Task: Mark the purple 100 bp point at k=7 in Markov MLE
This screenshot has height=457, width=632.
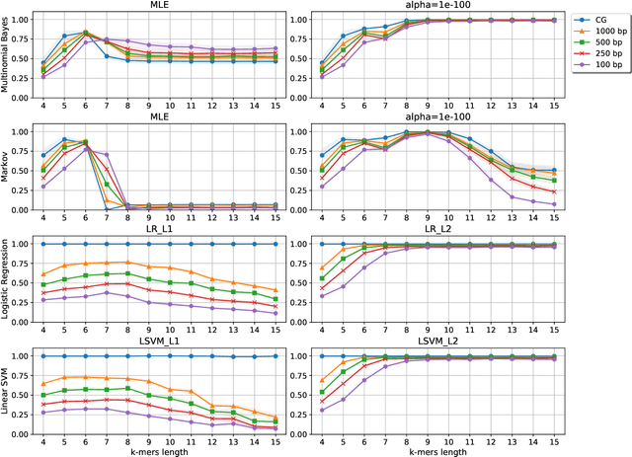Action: point(106,154)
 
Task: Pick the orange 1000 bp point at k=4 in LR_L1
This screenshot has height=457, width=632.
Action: point(42,274)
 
